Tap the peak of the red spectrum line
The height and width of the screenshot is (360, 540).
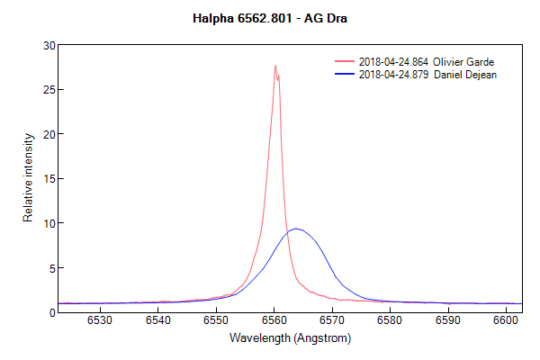pyautogui.click(x=275, y=66)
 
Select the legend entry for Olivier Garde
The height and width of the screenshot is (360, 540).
pyautogui.click(x=427, y=61)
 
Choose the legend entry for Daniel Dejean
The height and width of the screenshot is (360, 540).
pyautogui.click(x=427, y=75)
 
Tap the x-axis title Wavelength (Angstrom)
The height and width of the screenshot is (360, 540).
pyautogui.click(x=289, y=338)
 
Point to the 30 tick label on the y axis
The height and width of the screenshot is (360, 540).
pyautogui.click(x=49, y=45)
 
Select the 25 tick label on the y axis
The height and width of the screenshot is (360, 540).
pyautogui.click(x=49, y=90)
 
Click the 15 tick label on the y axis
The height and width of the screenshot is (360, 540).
pyautogui.click(x=49, y=179)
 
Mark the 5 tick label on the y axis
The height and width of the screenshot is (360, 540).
pyautogui.click(x=51, y=268)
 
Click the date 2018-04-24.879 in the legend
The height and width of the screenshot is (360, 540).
pyautogui.click(x=392, y=75)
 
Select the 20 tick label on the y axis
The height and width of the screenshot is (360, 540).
pyautogui.click(x=49, y=134)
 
